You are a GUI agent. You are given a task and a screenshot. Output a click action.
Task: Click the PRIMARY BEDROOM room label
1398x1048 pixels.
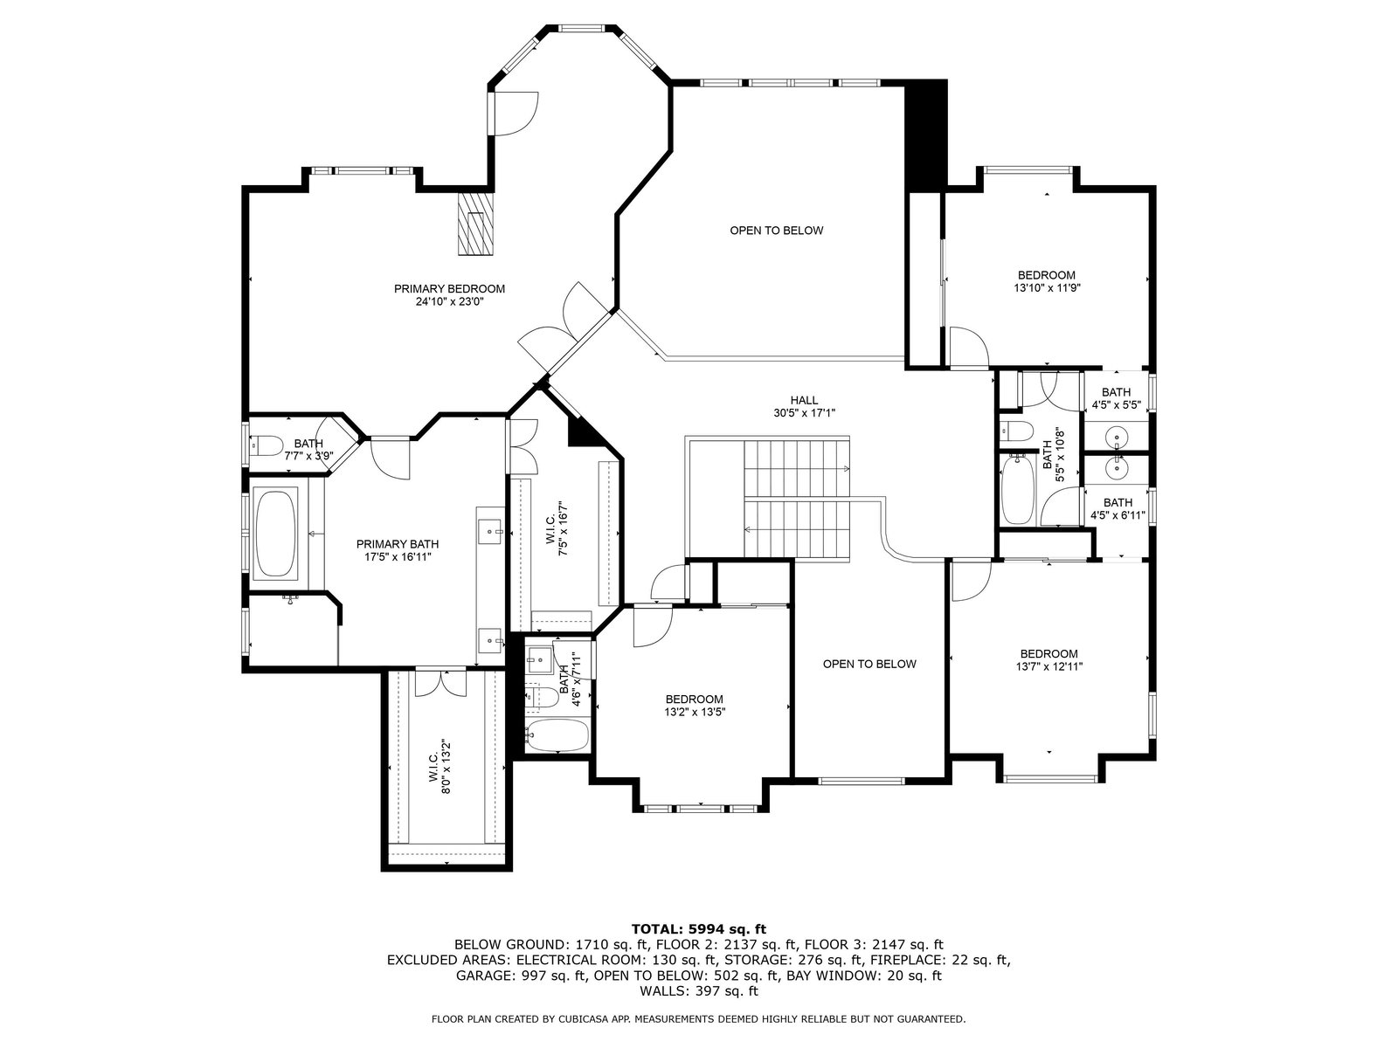tap(449, 289)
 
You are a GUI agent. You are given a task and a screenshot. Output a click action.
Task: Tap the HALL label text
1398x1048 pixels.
tap(804, 400)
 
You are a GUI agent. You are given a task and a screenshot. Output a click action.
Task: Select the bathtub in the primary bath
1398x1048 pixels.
tap(276, 534)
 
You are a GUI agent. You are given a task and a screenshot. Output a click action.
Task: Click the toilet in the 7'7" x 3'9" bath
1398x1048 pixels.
tap(266, 445)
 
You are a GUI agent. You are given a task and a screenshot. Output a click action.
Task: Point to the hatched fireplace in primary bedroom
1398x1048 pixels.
tap(476, 224)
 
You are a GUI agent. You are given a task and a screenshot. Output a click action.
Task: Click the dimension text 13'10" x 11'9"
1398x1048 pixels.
tap(1047, 287)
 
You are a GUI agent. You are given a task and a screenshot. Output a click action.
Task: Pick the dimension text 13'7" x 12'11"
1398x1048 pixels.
tap(1049, 667)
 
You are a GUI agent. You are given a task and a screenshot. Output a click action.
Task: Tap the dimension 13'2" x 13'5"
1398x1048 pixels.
tap(695, 712)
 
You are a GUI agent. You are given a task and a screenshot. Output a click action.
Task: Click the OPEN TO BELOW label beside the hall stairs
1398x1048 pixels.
tap(869, 665)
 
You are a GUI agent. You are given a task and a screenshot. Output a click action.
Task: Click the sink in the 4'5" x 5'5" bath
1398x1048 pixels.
tap(1116, 438)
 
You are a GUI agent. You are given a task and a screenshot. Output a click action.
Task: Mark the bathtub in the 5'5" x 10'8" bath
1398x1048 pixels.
tap(1017, 488)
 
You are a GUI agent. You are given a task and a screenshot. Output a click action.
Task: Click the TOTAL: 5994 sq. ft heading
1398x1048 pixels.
tap(699, 929)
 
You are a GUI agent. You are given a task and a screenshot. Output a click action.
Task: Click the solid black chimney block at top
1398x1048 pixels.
tap(927, 134)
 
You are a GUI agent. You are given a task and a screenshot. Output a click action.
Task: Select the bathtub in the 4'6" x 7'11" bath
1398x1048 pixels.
tap(558, 735)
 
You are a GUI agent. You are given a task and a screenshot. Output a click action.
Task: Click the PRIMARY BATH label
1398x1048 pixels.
tap(398, 544)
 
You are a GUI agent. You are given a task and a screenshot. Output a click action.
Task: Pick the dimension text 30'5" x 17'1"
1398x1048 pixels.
tap(805, 413)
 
